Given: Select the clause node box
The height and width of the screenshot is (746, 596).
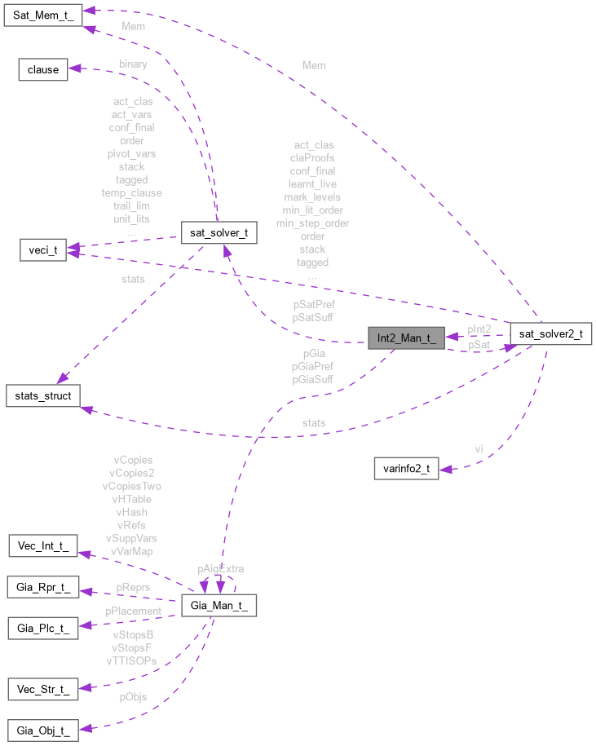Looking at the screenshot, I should click(x=43, y=69).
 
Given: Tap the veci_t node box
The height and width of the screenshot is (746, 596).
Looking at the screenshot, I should click(x=43, y=250).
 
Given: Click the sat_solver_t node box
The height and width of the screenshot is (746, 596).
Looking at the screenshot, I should click(x=219, y=232).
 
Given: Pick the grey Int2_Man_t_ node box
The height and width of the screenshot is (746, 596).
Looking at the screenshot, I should click(x=405, y=338).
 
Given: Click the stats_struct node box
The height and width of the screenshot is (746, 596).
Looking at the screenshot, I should click(x=43, y=396).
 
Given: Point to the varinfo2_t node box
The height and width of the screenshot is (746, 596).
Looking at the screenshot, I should click(x=405, y=468).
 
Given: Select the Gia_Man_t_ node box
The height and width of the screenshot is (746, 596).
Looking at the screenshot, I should click(x=219, y=606).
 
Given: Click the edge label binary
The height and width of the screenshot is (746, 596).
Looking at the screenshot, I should click(x=133, y=64).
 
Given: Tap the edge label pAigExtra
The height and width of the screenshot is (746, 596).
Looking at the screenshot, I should click(x=220, y=568).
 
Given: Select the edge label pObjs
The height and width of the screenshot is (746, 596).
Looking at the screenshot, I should click(x=133, y=697).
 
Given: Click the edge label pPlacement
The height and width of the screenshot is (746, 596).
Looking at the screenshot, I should click(x=133, y=611).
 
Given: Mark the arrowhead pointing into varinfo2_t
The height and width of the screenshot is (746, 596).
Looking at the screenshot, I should click(x=445, y=468).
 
